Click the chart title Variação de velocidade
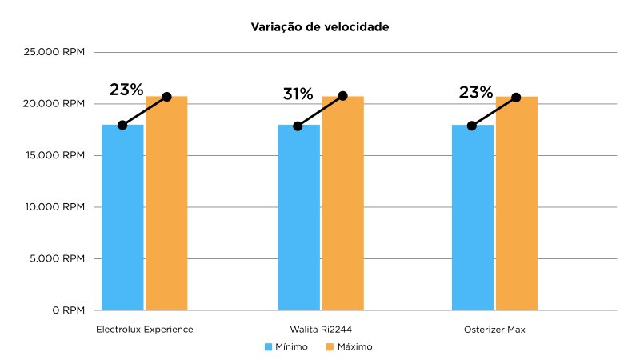coord(320,27)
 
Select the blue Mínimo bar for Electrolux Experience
coord(122,217)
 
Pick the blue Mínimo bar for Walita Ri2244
coord(298,217)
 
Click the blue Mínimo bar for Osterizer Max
coord(472,217)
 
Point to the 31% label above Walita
coord(298,94)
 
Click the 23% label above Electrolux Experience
coord(126,90)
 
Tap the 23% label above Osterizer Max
coord(475,92)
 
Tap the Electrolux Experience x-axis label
coord(145,330)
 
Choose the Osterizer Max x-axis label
coord(494,330)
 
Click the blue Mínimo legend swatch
coord(269,347)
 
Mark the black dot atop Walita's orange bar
coord(342,96)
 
